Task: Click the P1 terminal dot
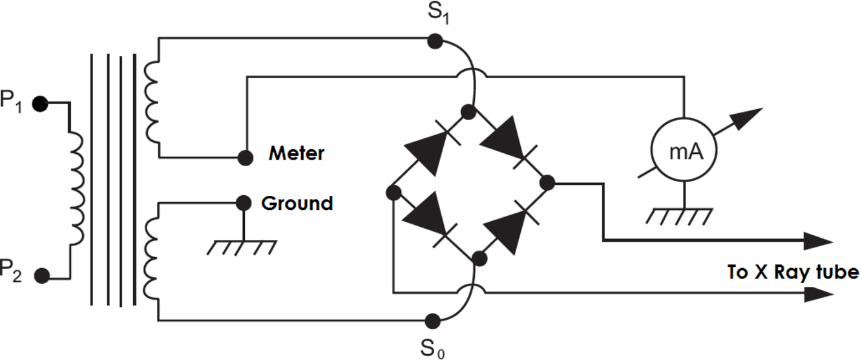[x=41, y=103]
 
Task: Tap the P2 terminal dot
[x=42, y=276]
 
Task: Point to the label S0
[x=432, y=348]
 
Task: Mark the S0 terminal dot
[x=432, y=320]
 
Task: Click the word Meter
[x=297, y=154]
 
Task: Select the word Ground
[x=297, y=203]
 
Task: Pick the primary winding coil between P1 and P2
[x=77, y=189]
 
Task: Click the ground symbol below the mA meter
[x=682, y=216]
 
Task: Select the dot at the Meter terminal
[x=245, y=157]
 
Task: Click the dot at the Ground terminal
[x=244, y=203]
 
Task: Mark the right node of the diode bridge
[x=547, y=183]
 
